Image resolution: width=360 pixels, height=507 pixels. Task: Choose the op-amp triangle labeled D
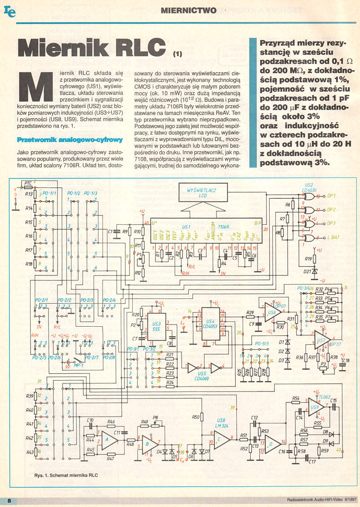pos(272,443)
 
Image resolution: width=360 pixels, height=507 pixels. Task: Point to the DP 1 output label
pos(332,196)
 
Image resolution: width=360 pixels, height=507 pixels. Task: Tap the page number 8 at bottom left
pos(9,501)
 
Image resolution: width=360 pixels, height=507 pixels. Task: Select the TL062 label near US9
pos(325,397)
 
